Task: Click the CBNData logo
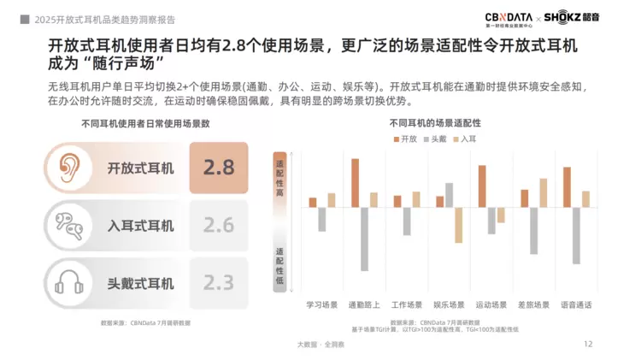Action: [x=509, y=18]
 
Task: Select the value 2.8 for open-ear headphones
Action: [x=218, y=168]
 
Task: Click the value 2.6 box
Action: [x=218, y=225]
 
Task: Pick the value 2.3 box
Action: [x=218, y=282]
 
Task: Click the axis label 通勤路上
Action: [x=364, y=304]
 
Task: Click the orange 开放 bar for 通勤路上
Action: [x=355, y=183]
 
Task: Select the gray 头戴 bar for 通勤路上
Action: [x=364, y=239]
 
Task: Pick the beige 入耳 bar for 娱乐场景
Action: [x=459, y=226]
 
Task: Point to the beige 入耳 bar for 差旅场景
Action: [x=544, y=192]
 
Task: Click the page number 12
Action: [x=587, y=344]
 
